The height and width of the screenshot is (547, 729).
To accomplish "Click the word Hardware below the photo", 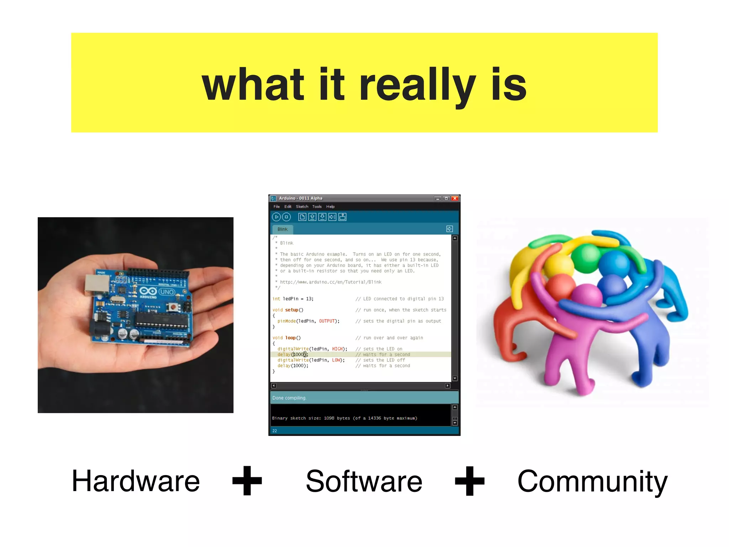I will [x=136, y=481].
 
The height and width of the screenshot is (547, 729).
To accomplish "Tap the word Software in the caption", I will [x=364, y=481].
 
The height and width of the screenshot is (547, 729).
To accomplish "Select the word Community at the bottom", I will [x=592, y=481].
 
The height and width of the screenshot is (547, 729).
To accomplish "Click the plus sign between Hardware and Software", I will [x=247, y=481].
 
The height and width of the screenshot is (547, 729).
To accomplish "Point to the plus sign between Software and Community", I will [x=470, y=481].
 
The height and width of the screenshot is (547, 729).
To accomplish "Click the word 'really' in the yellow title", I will [x=417, y=85].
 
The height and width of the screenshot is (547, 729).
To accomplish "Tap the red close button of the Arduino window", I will [x=455, y=198].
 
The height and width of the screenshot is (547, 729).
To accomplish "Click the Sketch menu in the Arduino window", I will [x=302, y=207].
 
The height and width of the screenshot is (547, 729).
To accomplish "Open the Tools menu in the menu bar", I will [x=317, y=207].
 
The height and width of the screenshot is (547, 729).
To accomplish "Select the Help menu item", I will [x=330, y=207].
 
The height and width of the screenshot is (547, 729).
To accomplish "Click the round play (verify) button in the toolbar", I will [x=276, y=217].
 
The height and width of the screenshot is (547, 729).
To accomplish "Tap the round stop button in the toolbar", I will [x=286, y=217].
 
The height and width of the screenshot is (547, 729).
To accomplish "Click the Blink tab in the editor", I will [x=283, y=229].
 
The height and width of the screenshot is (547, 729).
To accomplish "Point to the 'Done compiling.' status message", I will [x=289, y=398].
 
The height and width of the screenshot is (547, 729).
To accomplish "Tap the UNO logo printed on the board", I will [x=167, y=292].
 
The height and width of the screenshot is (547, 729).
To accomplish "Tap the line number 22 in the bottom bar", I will [x=274, y=431].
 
